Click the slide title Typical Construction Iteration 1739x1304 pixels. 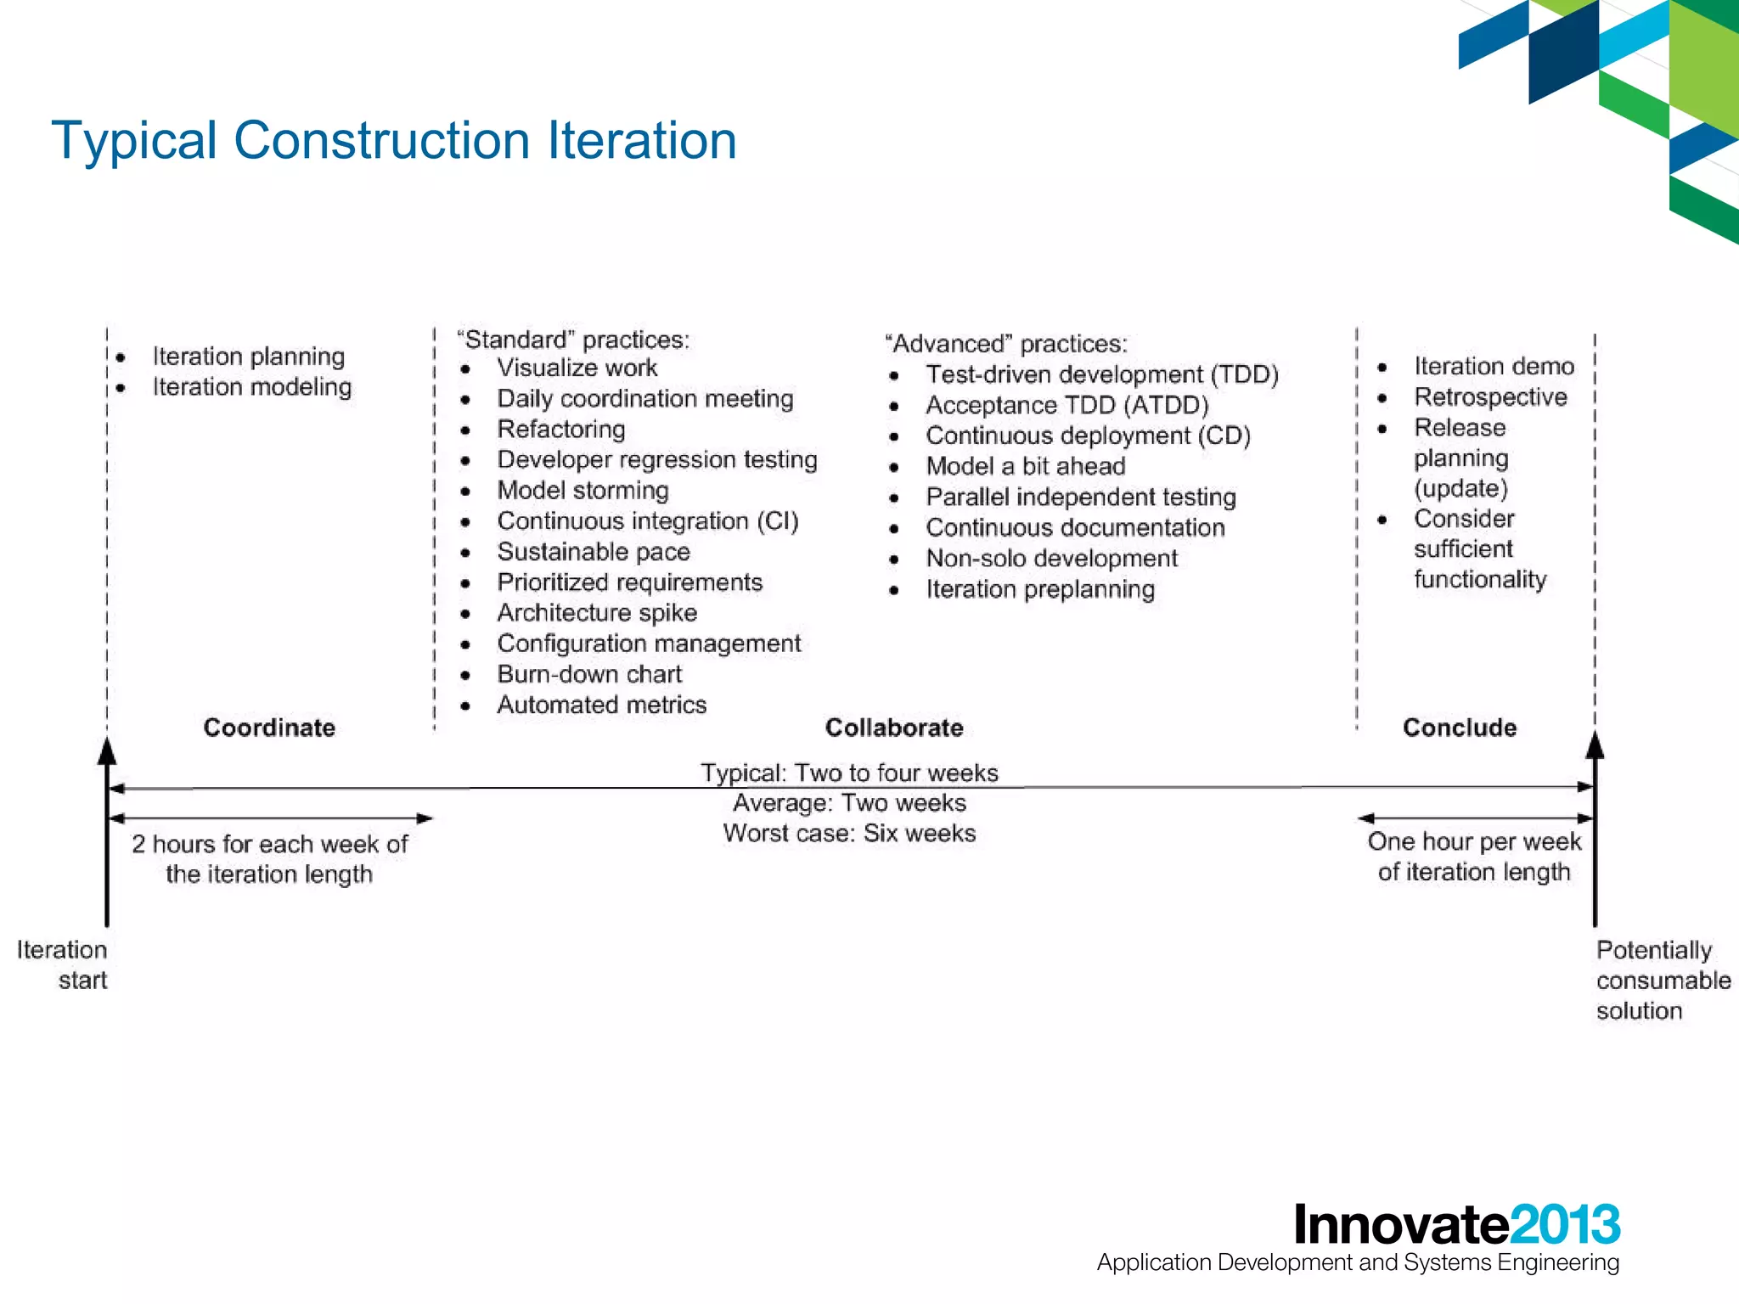tap(394, 140)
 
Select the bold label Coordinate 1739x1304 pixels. tap(269, 728)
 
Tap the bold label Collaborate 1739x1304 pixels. tap(894, 728)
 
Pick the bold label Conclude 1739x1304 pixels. tap(1460, 728)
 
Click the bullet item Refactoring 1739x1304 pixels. tap(561, 430)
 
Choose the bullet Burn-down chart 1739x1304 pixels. tap(589, 674)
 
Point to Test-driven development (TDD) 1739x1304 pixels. tap(1101, 374)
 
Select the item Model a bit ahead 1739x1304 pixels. tap(1026, 466)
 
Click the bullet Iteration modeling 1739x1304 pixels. tap(252, 387)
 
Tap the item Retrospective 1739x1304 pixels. tap(1490, 397)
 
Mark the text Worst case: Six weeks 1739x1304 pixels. tap(849, 833)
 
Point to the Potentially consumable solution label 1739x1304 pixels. tap(1662, 980)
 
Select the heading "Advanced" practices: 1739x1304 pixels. tap(1006, 344)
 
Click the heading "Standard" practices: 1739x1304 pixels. tap(573, 340)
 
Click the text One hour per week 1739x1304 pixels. tap(1474, 841)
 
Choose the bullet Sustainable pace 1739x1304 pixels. tap(594, 552)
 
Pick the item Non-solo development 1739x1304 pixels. tap(1051, 559)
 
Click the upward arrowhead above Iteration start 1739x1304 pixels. tap(107, 750)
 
